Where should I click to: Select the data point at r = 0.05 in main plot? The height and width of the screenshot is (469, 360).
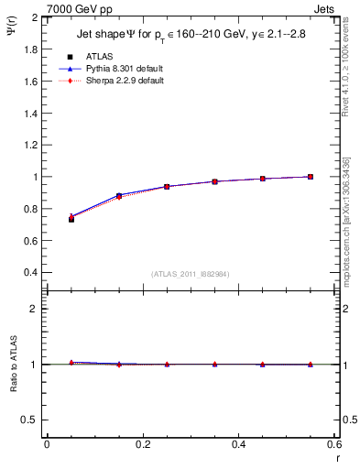pos(71,219)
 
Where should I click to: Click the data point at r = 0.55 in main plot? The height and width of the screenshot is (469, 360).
pos(311,177)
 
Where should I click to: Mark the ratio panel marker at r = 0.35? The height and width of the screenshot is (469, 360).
pos(214,364)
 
